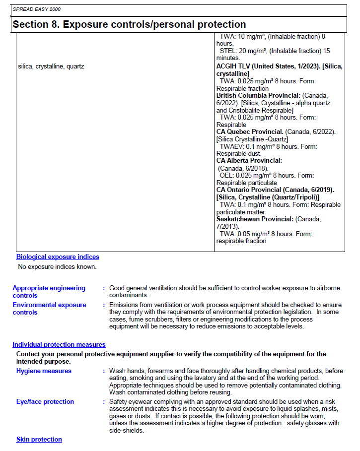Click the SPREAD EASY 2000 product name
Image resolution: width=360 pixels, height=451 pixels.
click(33, 9)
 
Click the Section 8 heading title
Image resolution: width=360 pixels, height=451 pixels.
click(129, 24)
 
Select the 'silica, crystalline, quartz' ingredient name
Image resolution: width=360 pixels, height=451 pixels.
click(51, 66)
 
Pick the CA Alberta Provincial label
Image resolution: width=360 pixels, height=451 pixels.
click(249, 161)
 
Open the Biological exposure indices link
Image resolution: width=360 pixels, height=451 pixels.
click(58, 257)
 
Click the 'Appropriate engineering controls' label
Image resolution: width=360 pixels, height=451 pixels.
click(49, 292)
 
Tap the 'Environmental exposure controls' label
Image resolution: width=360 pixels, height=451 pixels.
click(49, 309)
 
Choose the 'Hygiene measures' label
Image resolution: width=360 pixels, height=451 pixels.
click(44, 371)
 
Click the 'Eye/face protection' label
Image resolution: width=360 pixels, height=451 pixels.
click(45, 402)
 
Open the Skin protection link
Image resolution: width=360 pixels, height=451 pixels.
click(39, 440)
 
